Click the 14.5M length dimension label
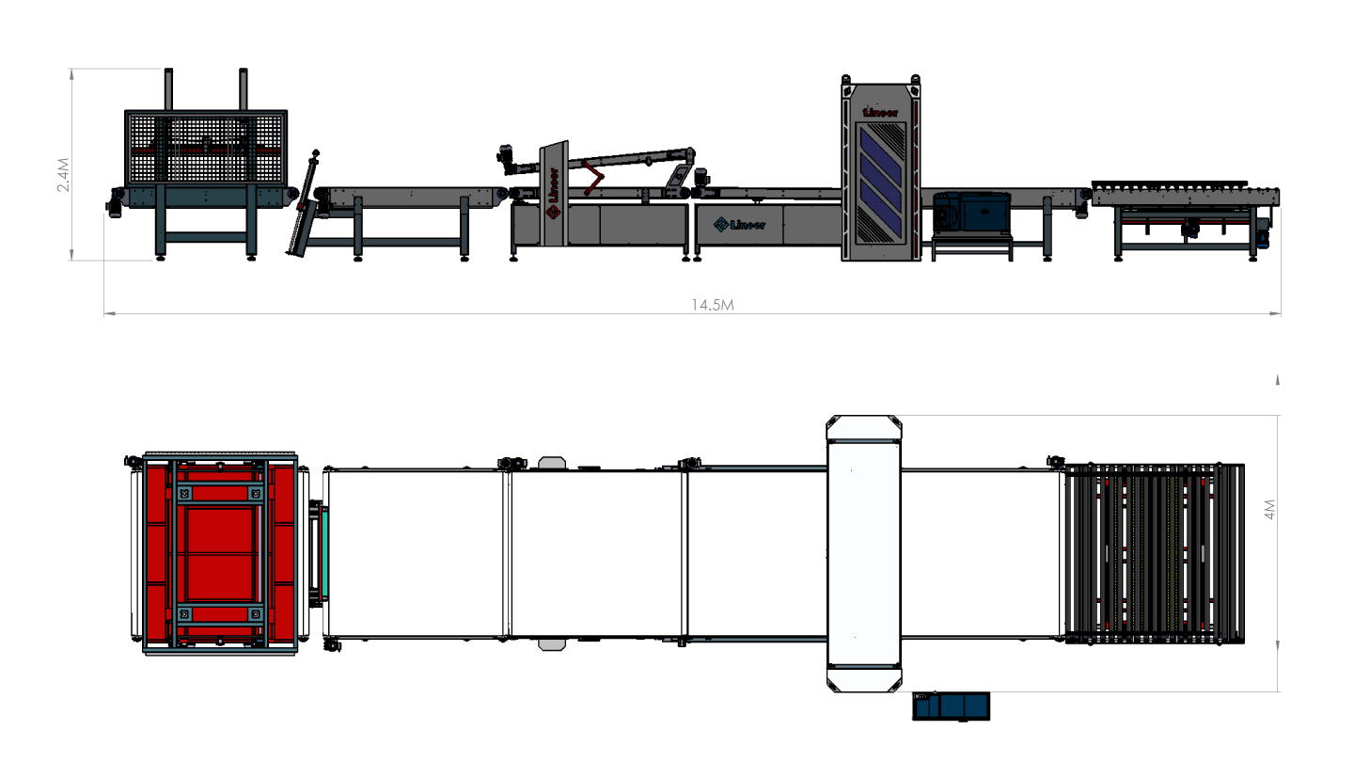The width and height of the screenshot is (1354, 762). tap(713, 305)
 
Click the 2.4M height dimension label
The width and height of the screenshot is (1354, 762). tap(63, 175)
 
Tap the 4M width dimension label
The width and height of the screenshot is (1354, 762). tap(1269, 509)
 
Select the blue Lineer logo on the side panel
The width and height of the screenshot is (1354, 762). tap(739, 225)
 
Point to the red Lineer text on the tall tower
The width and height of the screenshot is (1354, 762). tap(880, 113)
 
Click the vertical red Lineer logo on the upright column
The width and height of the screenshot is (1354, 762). tap(553, 193)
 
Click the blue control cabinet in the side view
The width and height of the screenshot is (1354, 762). tap(972, 212)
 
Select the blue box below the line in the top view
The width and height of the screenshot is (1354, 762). tap(951, 706)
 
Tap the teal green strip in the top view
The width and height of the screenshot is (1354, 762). tap(324, 552)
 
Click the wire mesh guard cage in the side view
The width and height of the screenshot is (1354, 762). tap(206, 149)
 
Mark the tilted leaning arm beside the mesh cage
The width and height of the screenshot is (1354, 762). tap(302, 202)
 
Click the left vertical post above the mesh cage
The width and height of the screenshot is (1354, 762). tap(168, 88)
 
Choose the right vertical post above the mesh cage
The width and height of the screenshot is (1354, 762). tap(243, 88)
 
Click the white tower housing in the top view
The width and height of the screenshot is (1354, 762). tap(864, 553)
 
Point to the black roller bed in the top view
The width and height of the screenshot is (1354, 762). tap(1155, 553)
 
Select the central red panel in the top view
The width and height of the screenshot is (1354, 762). tap(220, 553)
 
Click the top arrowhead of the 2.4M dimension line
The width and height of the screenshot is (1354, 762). tap(71, 73)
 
